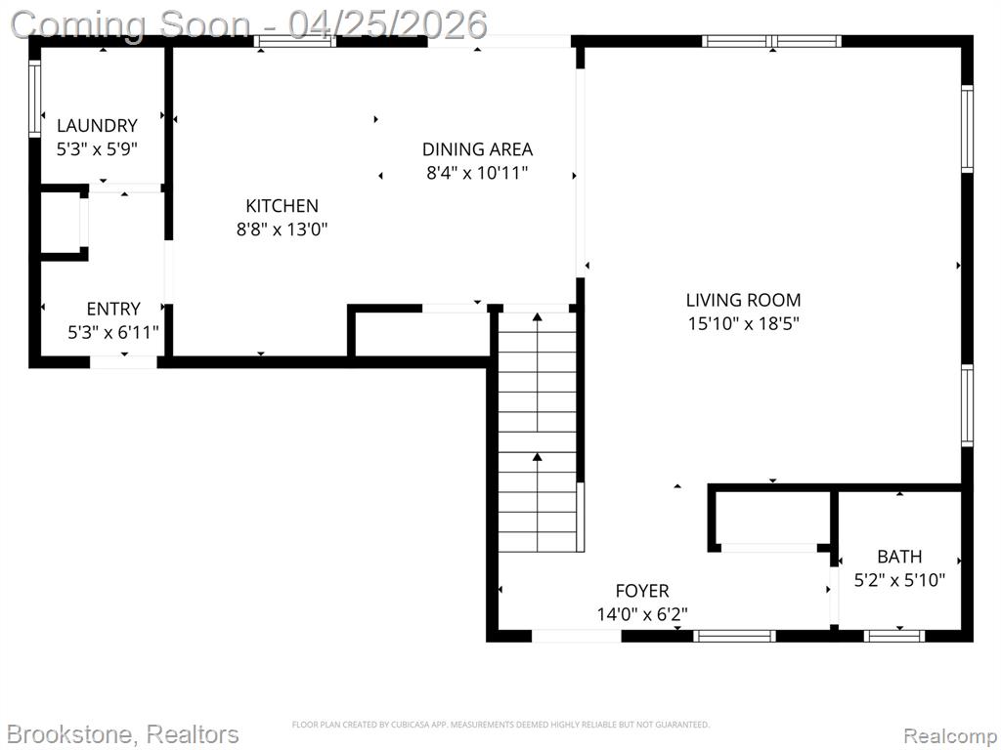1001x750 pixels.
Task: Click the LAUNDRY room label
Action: (97, 125)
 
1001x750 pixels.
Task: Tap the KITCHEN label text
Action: (283, 205)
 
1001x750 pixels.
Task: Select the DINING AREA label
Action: (477, 149)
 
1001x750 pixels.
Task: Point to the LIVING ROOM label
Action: (743, 300)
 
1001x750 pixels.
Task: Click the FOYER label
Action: (642, 591)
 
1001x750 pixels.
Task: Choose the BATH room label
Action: (899, 557)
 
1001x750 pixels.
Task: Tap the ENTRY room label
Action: (113, 309)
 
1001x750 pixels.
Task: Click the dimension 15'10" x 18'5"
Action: (743, 323)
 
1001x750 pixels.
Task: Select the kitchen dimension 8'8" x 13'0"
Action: (283, 229)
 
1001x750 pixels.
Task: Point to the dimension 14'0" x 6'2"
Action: (642, 614)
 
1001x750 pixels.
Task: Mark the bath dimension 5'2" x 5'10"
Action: (899, 580)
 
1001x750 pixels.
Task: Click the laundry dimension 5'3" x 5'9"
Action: (97, 149)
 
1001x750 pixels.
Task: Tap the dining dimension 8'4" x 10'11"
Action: (477, 173)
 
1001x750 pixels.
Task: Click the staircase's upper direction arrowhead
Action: (538, 317)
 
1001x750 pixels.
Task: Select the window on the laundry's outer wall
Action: (34, 99)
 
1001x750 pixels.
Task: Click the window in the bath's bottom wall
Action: (894, 635)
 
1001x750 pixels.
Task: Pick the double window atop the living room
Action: (772, 41)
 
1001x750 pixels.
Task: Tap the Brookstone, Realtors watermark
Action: (124, 734)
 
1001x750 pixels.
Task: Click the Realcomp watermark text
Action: (949, 735)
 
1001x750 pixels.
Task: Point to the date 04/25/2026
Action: (387, 24)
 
